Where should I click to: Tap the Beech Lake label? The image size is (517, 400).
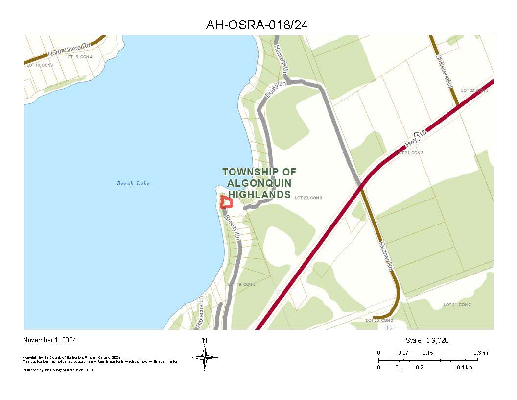click(133, 183)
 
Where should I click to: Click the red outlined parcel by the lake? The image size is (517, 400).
click(226, 202)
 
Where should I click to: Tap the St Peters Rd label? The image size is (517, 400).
click(445, 71)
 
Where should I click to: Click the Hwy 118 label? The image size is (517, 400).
click(416, 139)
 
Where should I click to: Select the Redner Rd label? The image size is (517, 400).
click(385, 256)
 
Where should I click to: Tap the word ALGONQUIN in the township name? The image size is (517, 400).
click(259, 183)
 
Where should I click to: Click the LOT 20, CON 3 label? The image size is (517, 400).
click(308, 198)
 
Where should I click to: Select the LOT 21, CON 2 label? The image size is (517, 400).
click(457, 305)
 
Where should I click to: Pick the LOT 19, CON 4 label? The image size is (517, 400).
click(78, 57)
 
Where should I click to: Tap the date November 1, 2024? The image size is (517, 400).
click(49, 340)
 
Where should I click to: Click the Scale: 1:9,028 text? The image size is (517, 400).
click(427, 340)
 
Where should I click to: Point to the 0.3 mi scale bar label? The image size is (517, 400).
click(480, 353)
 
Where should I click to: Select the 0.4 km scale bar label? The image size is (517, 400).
click(465, 367)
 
